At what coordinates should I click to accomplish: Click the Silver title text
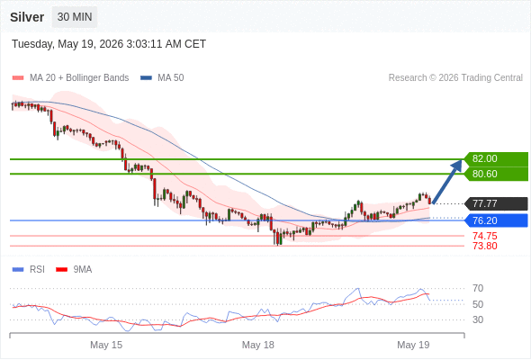click(27, 17)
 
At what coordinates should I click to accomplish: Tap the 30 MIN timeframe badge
click(75, 16)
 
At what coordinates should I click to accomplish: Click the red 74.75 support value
click(485, 236)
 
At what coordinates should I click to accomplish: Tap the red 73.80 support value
click(485, 246)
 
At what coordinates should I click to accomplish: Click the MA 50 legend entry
click(162, 78)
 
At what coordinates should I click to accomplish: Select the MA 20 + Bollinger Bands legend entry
click(70, 78)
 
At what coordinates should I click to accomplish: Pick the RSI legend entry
click(29, 270)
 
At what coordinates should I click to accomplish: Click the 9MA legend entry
click(74, 270)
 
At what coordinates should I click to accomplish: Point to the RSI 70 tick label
click(478, 288)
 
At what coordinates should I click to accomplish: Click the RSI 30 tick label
click(478, 319)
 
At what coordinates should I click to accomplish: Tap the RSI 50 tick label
click(478, 304)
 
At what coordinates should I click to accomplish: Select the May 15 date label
click(106, 345)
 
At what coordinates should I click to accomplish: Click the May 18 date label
click(257, 345)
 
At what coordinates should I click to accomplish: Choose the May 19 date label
click(413, 345)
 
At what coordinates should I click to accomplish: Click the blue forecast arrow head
click(457, 165)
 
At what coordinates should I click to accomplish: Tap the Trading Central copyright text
click(455, 78)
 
